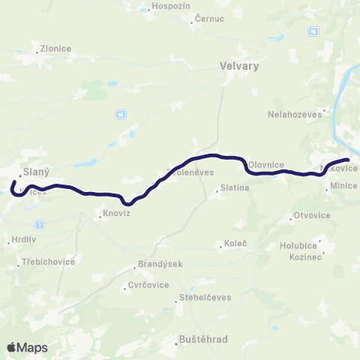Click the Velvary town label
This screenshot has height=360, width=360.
pyautogui.click(x=240, y=66)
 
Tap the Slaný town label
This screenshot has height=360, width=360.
pyautogui.click(x=36, y=171)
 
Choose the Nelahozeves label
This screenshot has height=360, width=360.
pyautogui.click(x=294, y=115)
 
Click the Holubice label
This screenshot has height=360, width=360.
pyautogui.click(x=298, y=244)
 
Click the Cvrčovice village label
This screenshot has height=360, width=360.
pyautogui.click(x=146, y=286)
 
